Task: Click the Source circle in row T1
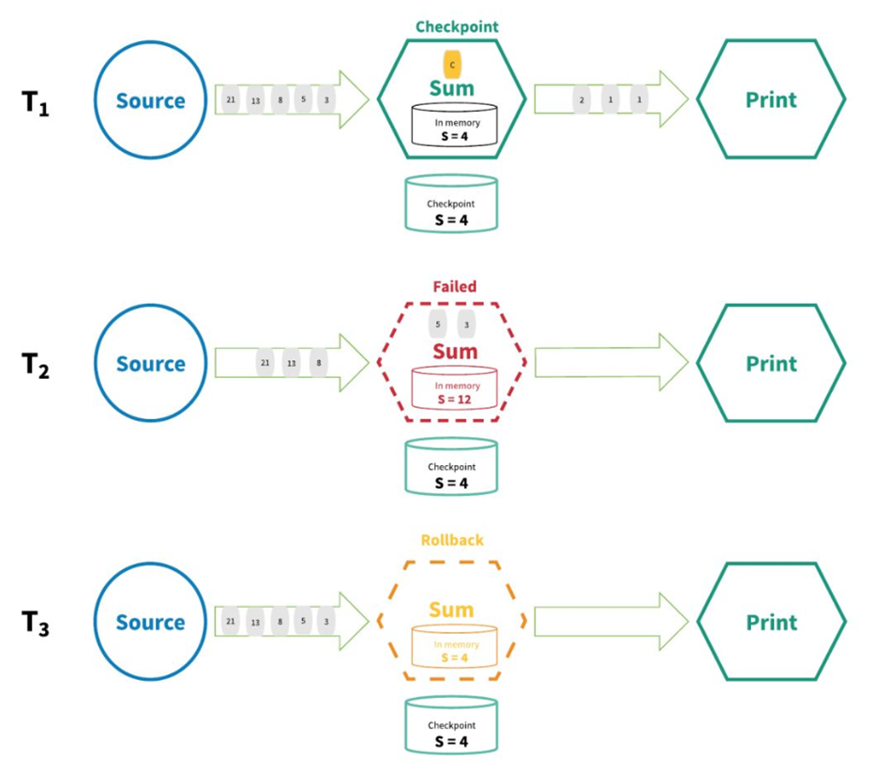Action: click(151, 100)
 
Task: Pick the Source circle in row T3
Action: click(151, 623)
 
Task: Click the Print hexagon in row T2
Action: click(771, 363)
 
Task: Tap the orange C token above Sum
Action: click(452, 64)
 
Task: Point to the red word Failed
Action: click(454, 287)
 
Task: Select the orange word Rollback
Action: click(452, 541)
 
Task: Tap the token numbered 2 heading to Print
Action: click(582, 99)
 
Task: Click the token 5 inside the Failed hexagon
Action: click(438, 325)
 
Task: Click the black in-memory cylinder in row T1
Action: click(453, 129)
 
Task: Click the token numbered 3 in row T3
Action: click(325, 622)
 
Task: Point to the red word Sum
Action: click(454, 352)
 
